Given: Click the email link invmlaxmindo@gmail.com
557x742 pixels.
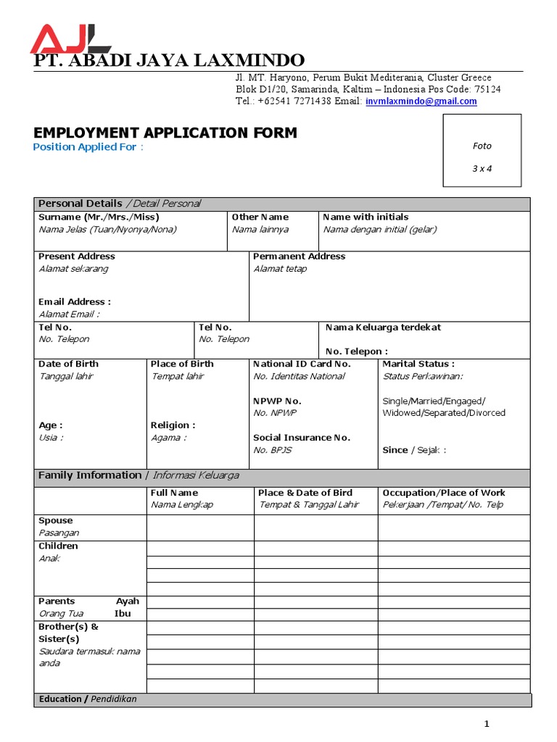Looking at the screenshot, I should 421,101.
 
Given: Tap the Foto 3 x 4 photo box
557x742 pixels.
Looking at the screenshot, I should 482,151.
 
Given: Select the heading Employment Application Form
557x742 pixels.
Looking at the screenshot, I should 165,133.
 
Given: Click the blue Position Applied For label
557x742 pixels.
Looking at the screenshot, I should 88,147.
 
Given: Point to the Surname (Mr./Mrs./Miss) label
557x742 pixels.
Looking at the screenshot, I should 99,217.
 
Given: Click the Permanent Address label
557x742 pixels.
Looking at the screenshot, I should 299,257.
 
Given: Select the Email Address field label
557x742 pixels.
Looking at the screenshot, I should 75,301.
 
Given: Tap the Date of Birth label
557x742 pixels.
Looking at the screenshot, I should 68,364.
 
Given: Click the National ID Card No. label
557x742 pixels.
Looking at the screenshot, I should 302,364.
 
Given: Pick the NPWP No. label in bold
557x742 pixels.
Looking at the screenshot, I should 277,401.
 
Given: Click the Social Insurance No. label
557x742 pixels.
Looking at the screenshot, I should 302,438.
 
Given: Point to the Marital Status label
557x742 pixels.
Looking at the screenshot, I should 418,364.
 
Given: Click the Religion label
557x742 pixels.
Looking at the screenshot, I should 173,425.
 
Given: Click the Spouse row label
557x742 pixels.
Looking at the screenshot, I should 56,521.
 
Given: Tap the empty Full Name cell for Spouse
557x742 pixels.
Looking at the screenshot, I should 200,528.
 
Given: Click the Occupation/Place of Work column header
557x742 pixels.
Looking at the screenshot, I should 443,493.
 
